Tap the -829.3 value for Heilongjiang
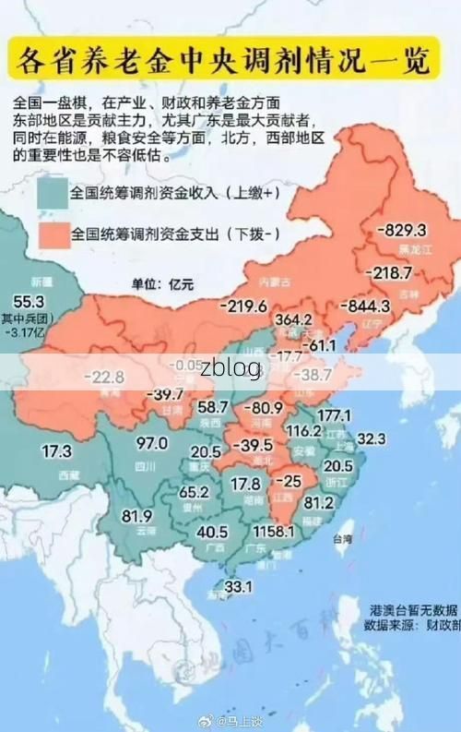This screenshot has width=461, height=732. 401,230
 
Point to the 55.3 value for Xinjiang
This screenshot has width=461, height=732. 28,301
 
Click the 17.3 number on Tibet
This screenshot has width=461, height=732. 56,451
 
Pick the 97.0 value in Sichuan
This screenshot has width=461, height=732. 151,443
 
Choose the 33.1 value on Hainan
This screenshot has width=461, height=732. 239,585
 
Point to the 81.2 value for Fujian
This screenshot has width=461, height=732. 344,502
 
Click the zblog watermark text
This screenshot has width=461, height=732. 230,366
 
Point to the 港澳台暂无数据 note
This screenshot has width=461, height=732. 413,610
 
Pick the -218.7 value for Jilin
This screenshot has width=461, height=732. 389,273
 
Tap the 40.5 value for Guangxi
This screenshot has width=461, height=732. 212,532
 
